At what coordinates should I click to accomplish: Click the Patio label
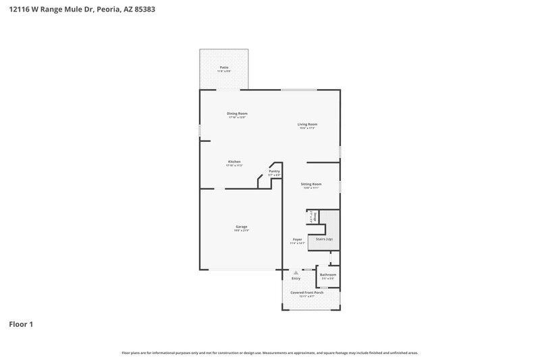[223, 68]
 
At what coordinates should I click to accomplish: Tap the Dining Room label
[237, 113]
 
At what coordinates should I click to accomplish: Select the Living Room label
[308, 124]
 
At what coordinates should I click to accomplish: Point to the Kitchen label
[234, 161]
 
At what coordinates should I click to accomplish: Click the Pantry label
[274, 172]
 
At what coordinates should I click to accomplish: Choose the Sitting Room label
[311, 184]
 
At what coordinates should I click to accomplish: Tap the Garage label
[241, 226]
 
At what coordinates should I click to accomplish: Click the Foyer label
[297, 239]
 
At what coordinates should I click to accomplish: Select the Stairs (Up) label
[324, 239]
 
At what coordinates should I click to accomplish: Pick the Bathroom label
[328, 274]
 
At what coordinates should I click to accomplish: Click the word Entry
[296, 278]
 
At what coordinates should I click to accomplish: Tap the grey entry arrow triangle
[296, 272]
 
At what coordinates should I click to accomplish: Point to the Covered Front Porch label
[307, 292]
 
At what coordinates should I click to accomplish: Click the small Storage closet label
[314, 215]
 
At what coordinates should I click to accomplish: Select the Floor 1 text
[21, 324]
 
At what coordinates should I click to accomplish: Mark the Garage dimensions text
[241, 231]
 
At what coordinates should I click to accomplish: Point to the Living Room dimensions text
[308, 128]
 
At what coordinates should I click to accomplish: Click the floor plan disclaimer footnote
[270, 353]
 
